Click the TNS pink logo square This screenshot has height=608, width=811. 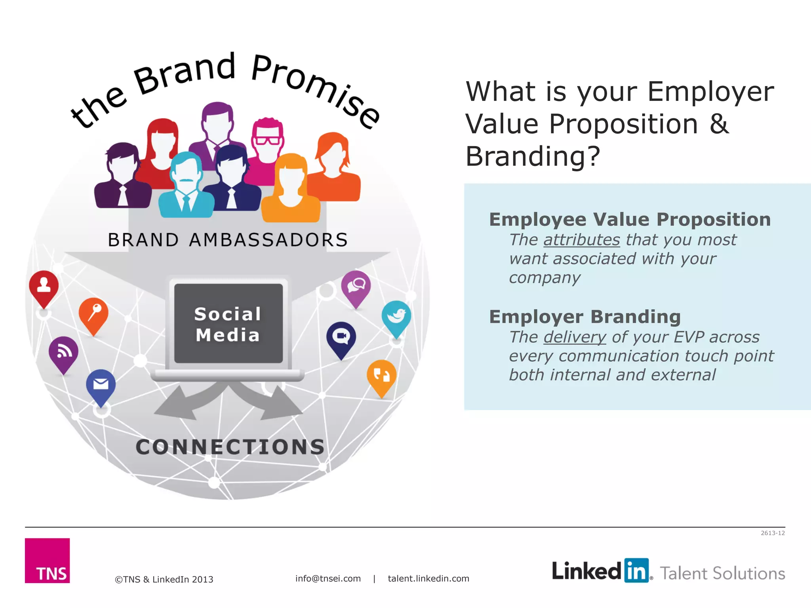[x=47, y=560]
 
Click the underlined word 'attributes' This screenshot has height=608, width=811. [x=581, y=240]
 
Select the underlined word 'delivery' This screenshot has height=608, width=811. [x=575, y=337]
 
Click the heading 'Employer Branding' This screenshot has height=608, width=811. [x=585, y=317]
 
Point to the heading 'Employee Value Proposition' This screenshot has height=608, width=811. [x=630, y=220]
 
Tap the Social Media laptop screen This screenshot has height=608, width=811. [x=228, y=323]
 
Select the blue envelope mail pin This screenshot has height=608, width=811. [x=101, y=384]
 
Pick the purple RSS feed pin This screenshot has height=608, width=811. [x=63, y=351]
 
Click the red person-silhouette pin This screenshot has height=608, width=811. [x=44, y=285]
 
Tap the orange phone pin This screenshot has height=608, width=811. [x=381, y=375]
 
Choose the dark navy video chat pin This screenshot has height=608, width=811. [x=341, y=337]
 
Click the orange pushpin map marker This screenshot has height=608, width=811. [x=93, y=312]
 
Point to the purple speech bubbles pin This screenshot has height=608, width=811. [x=356, y=285]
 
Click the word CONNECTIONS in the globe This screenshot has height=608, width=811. [x=230, y=447]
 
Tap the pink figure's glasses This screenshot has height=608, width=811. [x=268, y=141]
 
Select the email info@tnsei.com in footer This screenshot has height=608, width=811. [x=328, y=579]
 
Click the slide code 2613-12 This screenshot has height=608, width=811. [x=772, y=533]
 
